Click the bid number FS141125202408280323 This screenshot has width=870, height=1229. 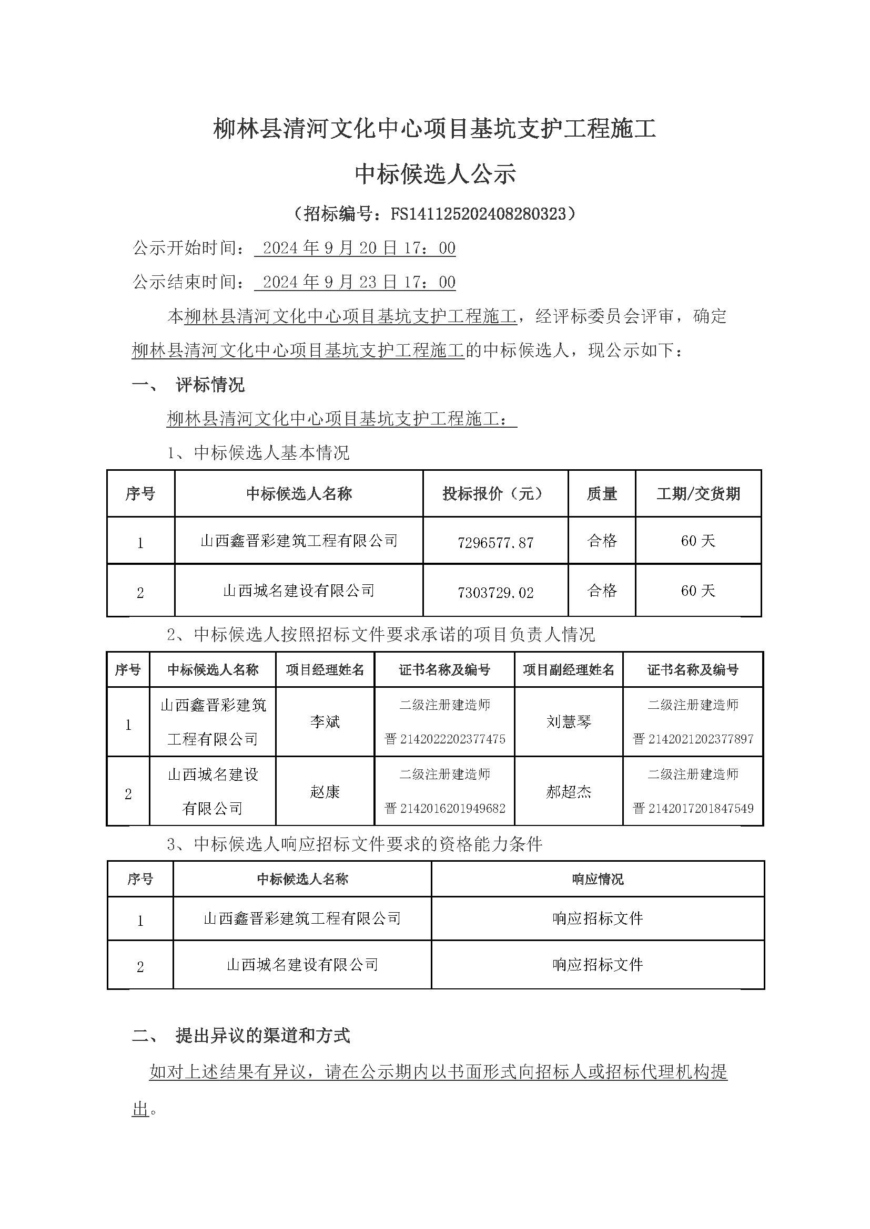pos(478,214)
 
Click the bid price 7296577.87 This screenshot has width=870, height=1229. pos(495,543)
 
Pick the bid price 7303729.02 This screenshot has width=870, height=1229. pos(495,593)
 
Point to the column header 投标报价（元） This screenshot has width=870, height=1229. pos(495,493)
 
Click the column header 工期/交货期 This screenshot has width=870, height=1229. pos(698,493)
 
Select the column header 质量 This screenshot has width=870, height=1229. pos(602,493)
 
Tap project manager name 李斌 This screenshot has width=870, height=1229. pos(325,722)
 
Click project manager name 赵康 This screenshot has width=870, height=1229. pos(325,792)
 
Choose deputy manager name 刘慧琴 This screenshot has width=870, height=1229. pos(569,722)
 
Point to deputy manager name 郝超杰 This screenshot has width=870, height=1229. pos(569,792)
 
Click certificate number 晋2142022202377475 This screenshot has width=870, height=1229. pos(444,739)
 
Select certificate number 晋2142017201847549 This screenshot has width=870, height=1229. pos(693,808)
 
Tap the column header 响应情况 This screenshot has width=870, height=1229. pos(598,879)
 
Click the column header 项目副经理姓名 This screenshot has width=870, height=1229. pos(569,669)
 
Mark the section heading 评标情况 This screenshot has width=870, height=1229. pos(210,385)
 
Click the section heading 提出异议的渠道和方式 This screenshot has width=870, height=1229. pos(262,1036)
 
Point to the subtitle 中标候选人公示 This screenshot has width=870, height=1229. pos(435,174)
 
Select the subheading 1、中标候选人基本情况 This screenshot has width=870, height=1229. pos(258,453)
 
